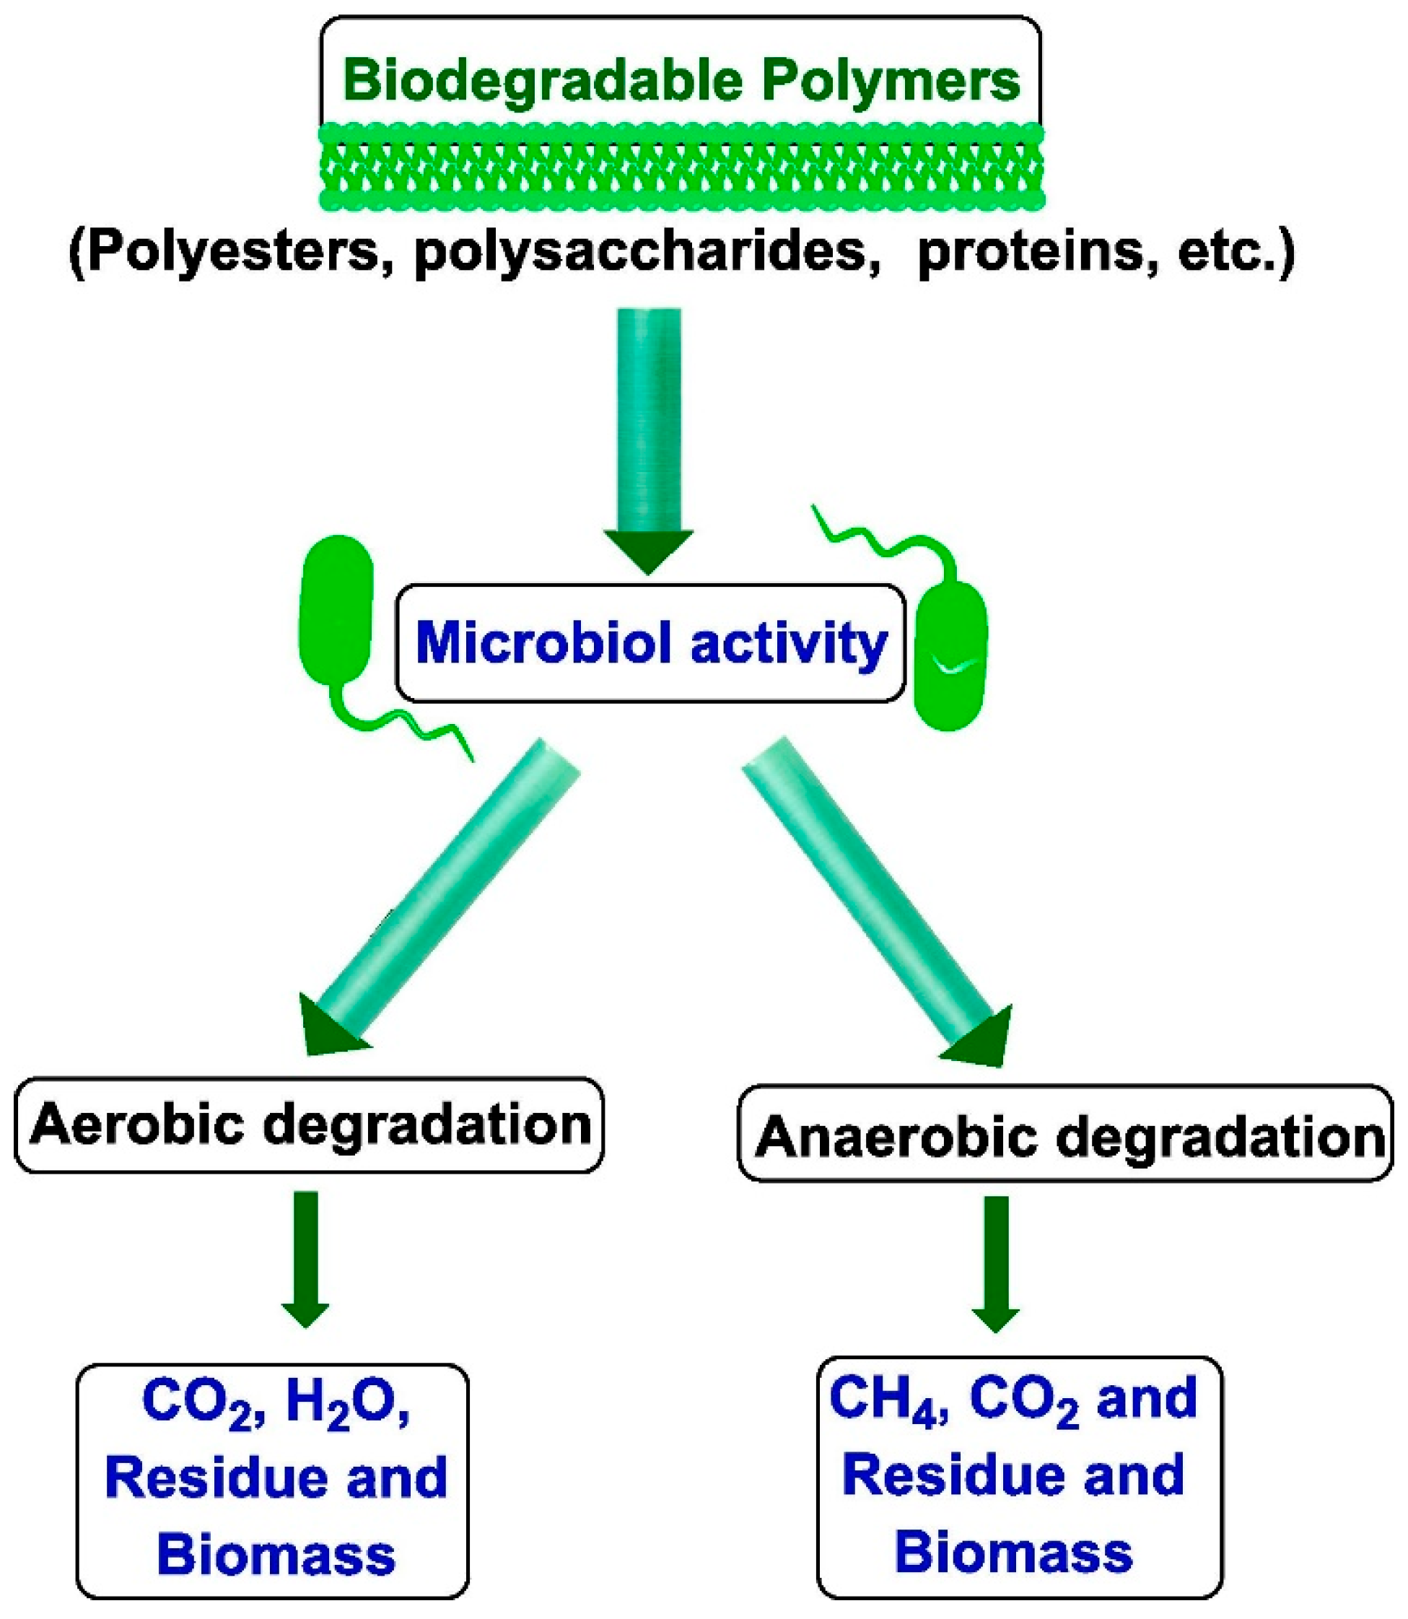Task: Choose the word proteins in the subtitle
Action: point(1037,253)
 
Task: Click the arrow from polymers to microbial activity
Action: point(649,432)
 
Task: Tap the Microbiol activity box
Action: point(650,643)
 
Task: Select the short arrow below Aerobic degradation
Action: point(306,1257)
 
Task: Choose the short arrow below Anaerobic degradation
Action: point(995,1262)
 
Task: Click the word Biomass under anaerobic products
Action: point(1013,1552)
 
